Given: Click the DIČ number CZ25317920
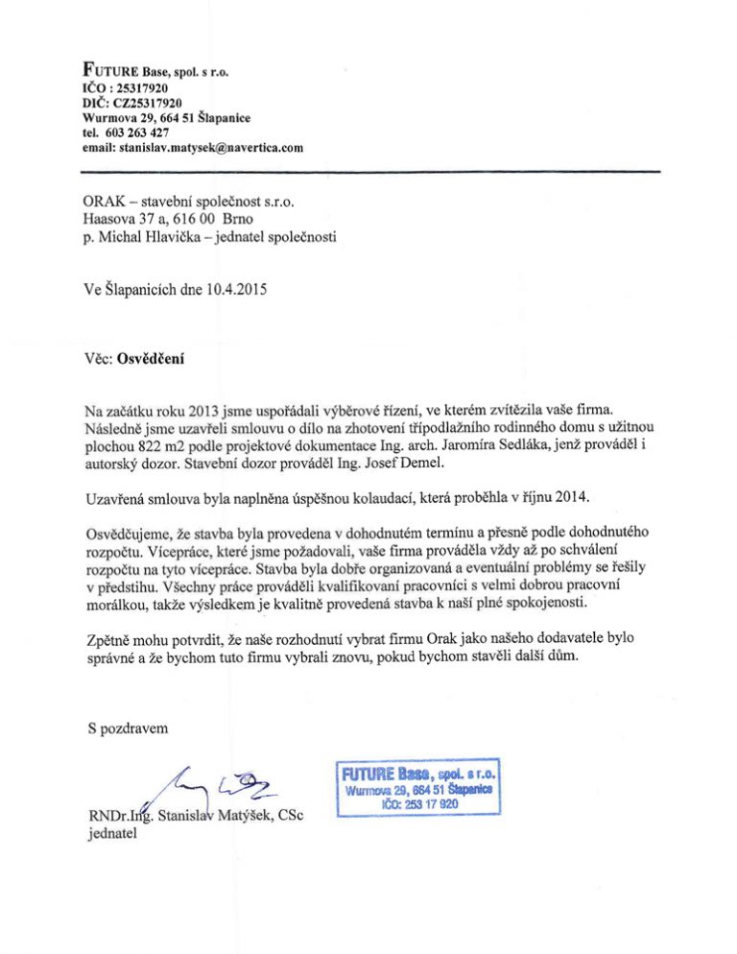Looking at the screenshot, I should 150,103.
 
